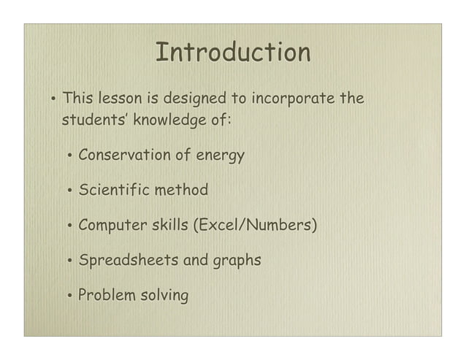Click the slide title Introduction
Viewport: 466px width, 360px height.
[x=233, y=53]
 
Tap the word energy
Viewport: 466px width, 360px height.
[x=217, y=156]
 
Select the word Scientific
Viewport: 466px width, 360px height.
[x=111, y=191]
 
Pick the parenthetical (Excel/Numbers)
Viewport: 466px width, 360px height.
[x=255, y=226]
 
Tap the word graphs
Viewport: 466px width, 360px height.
[x=237, y=261]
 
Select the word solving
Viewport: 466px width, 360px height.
[x=164, y=296]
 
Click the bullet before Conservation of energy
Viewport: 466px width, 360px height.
[x=68, y=157]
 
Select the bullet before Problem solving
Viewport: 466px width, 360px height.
[x=68, y=296]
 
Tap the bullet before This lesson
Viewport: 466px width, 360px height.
[x=53, y=99]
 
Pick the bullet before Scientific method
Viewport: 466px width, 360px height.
[x=68, y=192]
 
